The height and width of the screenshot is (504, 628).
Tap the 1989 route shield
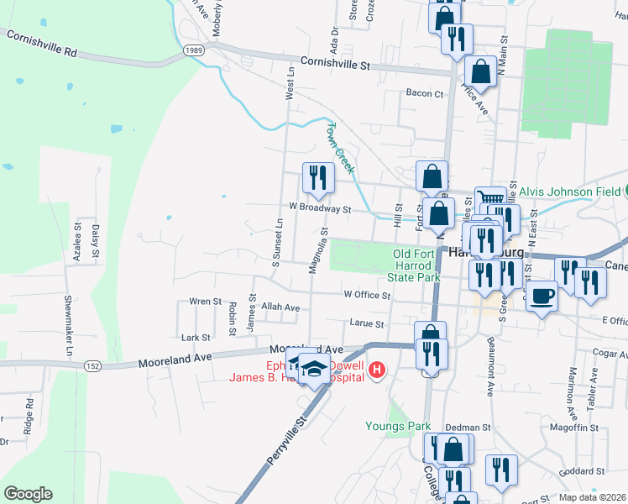pos(194,51)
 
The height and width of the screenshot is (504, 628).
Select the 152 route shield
pos(92,365)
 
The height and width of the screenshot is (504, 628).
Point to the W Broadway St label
pos(319,207)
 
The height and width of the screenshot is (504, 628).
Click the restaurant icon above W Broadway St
pos(318,176)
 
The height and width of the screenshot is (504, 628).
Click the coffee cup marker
pos(542,296)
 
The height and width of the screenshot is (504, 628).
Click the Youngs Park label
pos(398,426)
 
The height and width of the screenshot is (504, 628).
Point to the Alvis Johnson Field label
pos(568,192)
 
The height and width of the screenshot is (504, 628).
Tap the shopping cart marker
pos(490,199)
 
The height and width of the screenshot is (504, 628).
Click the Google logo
pos(27,494)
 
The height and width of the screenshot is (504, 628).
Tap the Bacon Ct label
pos(424,93)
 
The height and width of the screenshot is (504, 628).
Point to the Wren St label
pos(205,301)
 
